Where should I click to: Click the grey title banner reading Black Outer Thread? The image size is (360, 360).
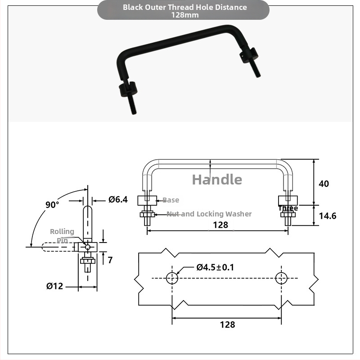pyautogui.click(x=183, y=10)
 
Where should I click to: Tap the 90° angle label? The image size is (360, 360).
pyautogui.click(x=52, y=205)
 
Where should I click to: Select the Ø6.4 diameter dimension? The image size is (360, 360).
pyautogui.click(x=118, y=199)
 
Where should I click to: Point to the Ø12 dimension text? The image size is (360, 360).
pyautogui.click(x=54, y=286)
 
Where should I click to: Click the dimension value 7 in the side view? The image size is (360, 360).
pyautogui.click(x=110, y=260)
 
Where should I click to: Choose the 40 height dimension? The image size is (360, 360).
pyautogui.click(x=324, y=184)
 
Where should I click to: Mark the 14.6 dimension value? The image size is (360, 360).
pyautogui.click(x=328, y=216)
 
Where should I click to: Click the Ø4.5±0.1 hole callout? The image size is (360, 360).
pyautogui.click(x=215, y=267)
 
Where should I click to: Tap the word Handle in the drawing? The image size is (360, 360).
pyautogui.click(x=217, y=179)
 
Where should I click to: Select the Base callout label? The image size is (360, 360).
pyautogui.click(x=171, y=200)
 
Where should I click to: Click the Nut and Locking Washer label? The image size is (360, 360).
pyautogui.click(x=209, y=214)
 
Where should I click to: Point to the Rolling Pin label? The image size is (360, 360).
pyautogui.click(x=62, y=236)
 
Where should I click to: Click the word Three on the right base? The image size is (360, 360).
pyautogui.click(x=288, y=208)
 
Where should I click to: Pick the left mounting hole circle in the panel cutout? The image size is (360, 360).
pyautogui.click(x=172, y=278)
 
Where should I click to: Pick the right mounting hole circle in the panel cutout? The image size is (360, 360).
pyautogui.click(x=281, y=278)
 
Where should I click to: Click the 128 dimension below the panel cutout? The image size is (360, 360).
pyautogui.click(x=227, y=324)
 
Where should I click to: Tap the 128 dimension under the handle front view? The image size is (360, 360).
pyautogui.click(x=220, y=225)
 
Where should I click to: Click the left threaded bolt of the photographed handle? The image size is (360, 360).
pyautogui.click(x=132, y=104)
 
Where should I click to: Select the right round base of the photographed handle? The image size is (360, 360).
pyautogui.click(x=249, y=55)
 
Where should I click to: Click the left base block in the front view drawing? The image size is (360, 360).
pyautogui.click(x=147, y=200)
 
